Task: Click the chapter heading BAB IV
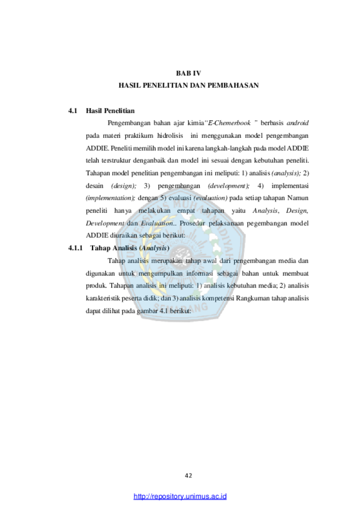188,73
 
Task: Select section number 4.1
73,111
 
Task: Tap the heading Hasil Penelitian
110,111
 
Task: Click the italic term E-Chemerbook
229,123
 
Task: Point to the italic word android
297,123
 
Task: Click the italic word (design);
124,186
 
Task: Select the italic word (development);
229,186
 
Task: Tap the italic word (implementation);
110,198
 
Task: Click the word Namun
297,198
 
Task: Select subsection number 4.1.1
75,248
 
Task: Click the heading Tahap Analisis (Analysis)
130,248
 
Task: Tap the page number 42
188,476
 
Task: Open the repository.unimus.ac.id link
180,496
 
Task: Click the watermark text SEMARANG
181,307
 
